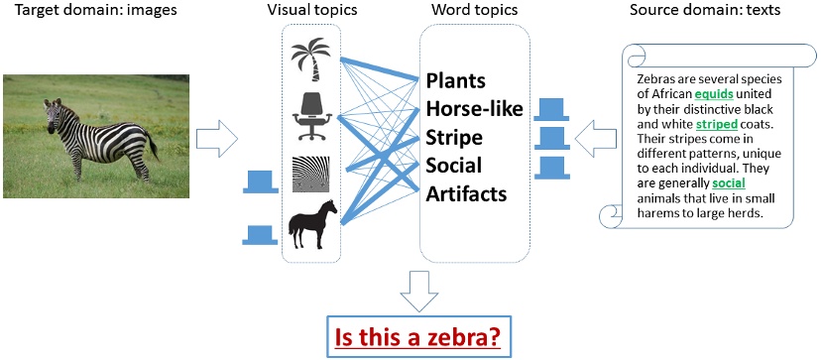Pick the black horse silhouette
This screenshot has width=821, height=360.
click(x=311, y=225)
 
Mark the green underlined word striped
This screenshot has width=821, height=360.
click(x=715, y=125)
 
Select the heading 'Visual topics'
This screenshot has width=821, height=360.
click(x=311, y=10)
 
